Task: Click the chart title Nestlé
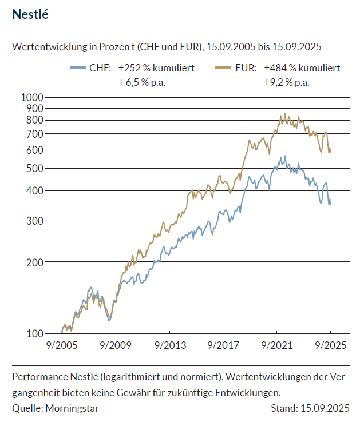[30, 15]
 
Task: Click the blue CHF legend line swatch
[77, 68]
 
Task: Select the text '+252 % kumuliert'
[156, 68]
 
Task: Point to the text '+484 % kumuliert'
[302, 68]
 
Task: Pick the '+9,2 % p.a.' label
[287, 82]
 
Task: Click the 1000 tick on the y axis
[33, 97]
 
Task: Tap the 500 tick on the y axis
[35, 169]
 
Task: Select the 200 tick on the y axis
[35, 262]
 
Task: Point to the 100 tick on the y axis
[35, 333]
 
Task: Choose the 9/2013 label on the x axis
[169, 346]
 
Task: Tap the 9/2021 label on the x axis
[277, 346]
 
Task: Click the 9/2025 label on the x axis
[330, 346]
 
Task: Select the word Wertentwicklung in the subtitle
[46, 46]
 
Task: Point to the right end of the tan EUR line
[330, 151]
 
